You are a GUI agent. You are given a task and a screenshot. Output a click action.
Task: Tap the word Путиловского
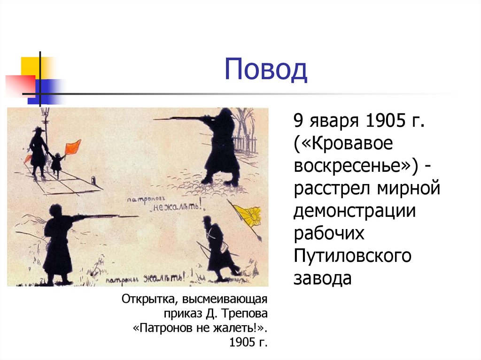[353, 256]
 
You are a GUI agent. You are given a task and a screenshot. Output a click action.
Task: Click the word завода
[323, 278]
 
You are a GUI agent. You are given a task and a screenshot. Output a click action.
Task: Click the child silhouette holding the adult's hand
[56, 162]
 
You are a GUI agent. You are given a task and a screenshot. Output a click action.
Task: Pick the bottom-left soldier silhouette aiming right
[58, 244]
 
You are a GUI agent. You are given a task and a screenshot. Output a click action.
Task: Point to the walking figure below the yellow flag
[217, 246]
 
